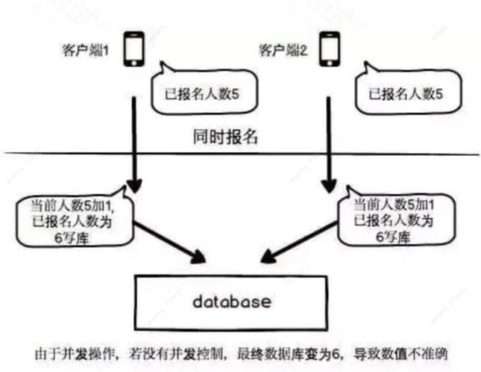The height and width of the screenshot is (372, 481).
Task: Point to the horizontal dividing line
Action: (73, 153)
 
